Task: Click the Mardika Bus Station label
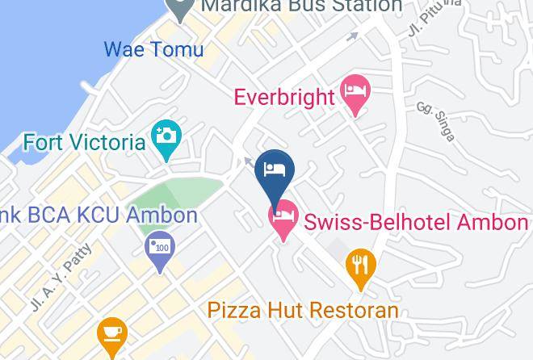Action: [300, 6]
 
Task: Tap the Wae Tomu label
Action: [153, 50]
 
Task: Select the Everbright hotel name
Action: [283, 98]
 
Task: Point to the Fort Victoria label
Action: [84, 143]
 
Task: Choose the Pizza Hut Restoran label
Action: [303, 309]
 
